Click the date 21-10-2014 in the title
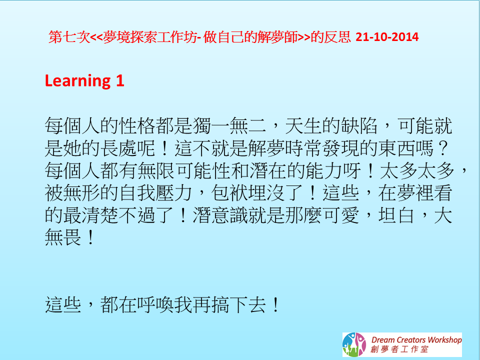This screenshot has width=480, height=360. coord(387,37)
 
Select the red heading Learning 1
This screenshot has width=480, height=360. coord(84,81)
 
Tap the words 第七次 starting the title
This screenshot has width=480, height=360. coord(69,37)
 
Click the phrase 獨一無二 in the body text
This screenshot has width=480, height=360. coord(229,125)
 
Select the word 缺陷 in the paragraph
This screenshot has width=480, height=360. coord(359,125)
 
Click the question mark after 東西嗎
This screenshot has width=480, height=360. coord(442,148)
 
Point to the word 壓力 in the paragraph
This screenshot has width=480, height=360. coord(174,193)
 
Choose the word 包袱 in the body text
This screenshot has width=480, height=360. coord(229,193)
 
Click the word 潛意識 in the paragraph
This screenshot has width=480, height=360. coord(220,215)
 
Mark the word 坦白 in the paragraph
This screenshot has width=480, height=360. coord(396,215)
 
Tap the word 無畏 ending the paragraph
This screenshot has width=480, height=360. coord(63,237)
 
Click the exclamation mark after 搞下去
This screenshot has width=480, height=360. coord(275,304)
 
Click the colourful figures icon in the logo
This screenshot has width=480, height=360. coord(354,344)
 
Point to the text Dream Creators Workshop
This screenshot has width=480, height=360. coord(416,340)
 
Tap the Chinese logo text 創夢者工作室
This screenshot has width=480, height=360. coord(399,349)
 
